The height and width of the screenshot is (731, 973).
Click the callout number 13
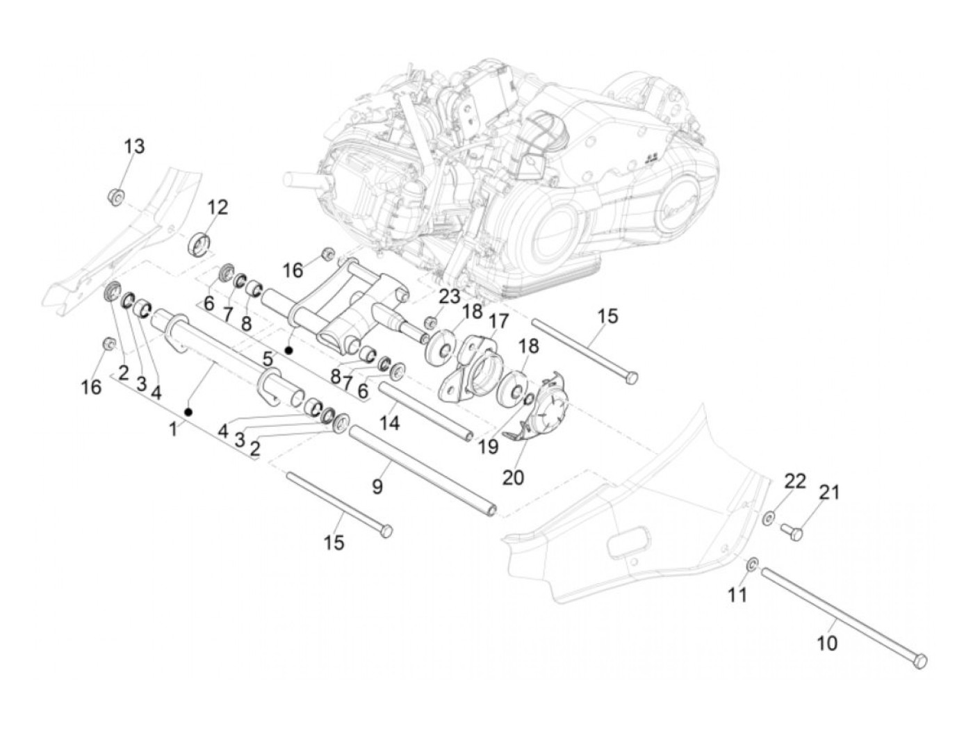pos(134,147)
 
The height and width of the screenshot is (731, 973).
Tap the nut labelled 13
pos(117,197)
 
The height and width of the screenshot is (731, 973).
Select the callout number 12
pos(217,207)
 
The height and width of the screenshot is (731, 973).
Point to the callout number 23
pos(449,297)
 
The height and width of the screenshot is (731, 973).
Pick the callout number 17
pos(498,321)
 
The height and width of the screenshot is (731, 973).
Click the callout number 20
pos(513,477)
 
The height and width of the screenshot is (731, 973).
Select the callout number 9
pos(377,486)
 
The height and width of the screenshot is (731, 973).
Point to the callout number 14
pos(390,422)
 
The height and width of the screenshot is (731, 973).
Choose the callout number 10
pos(826,643)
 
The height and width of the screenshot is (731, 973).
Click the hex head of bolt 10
pos(921,662)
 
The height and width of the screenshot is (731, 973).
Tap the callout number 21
pos(829,493)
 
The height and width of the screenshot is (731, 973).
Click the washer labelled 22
pos(769,517)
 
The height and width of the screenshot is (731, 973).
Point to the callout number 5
pos(268,359)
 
